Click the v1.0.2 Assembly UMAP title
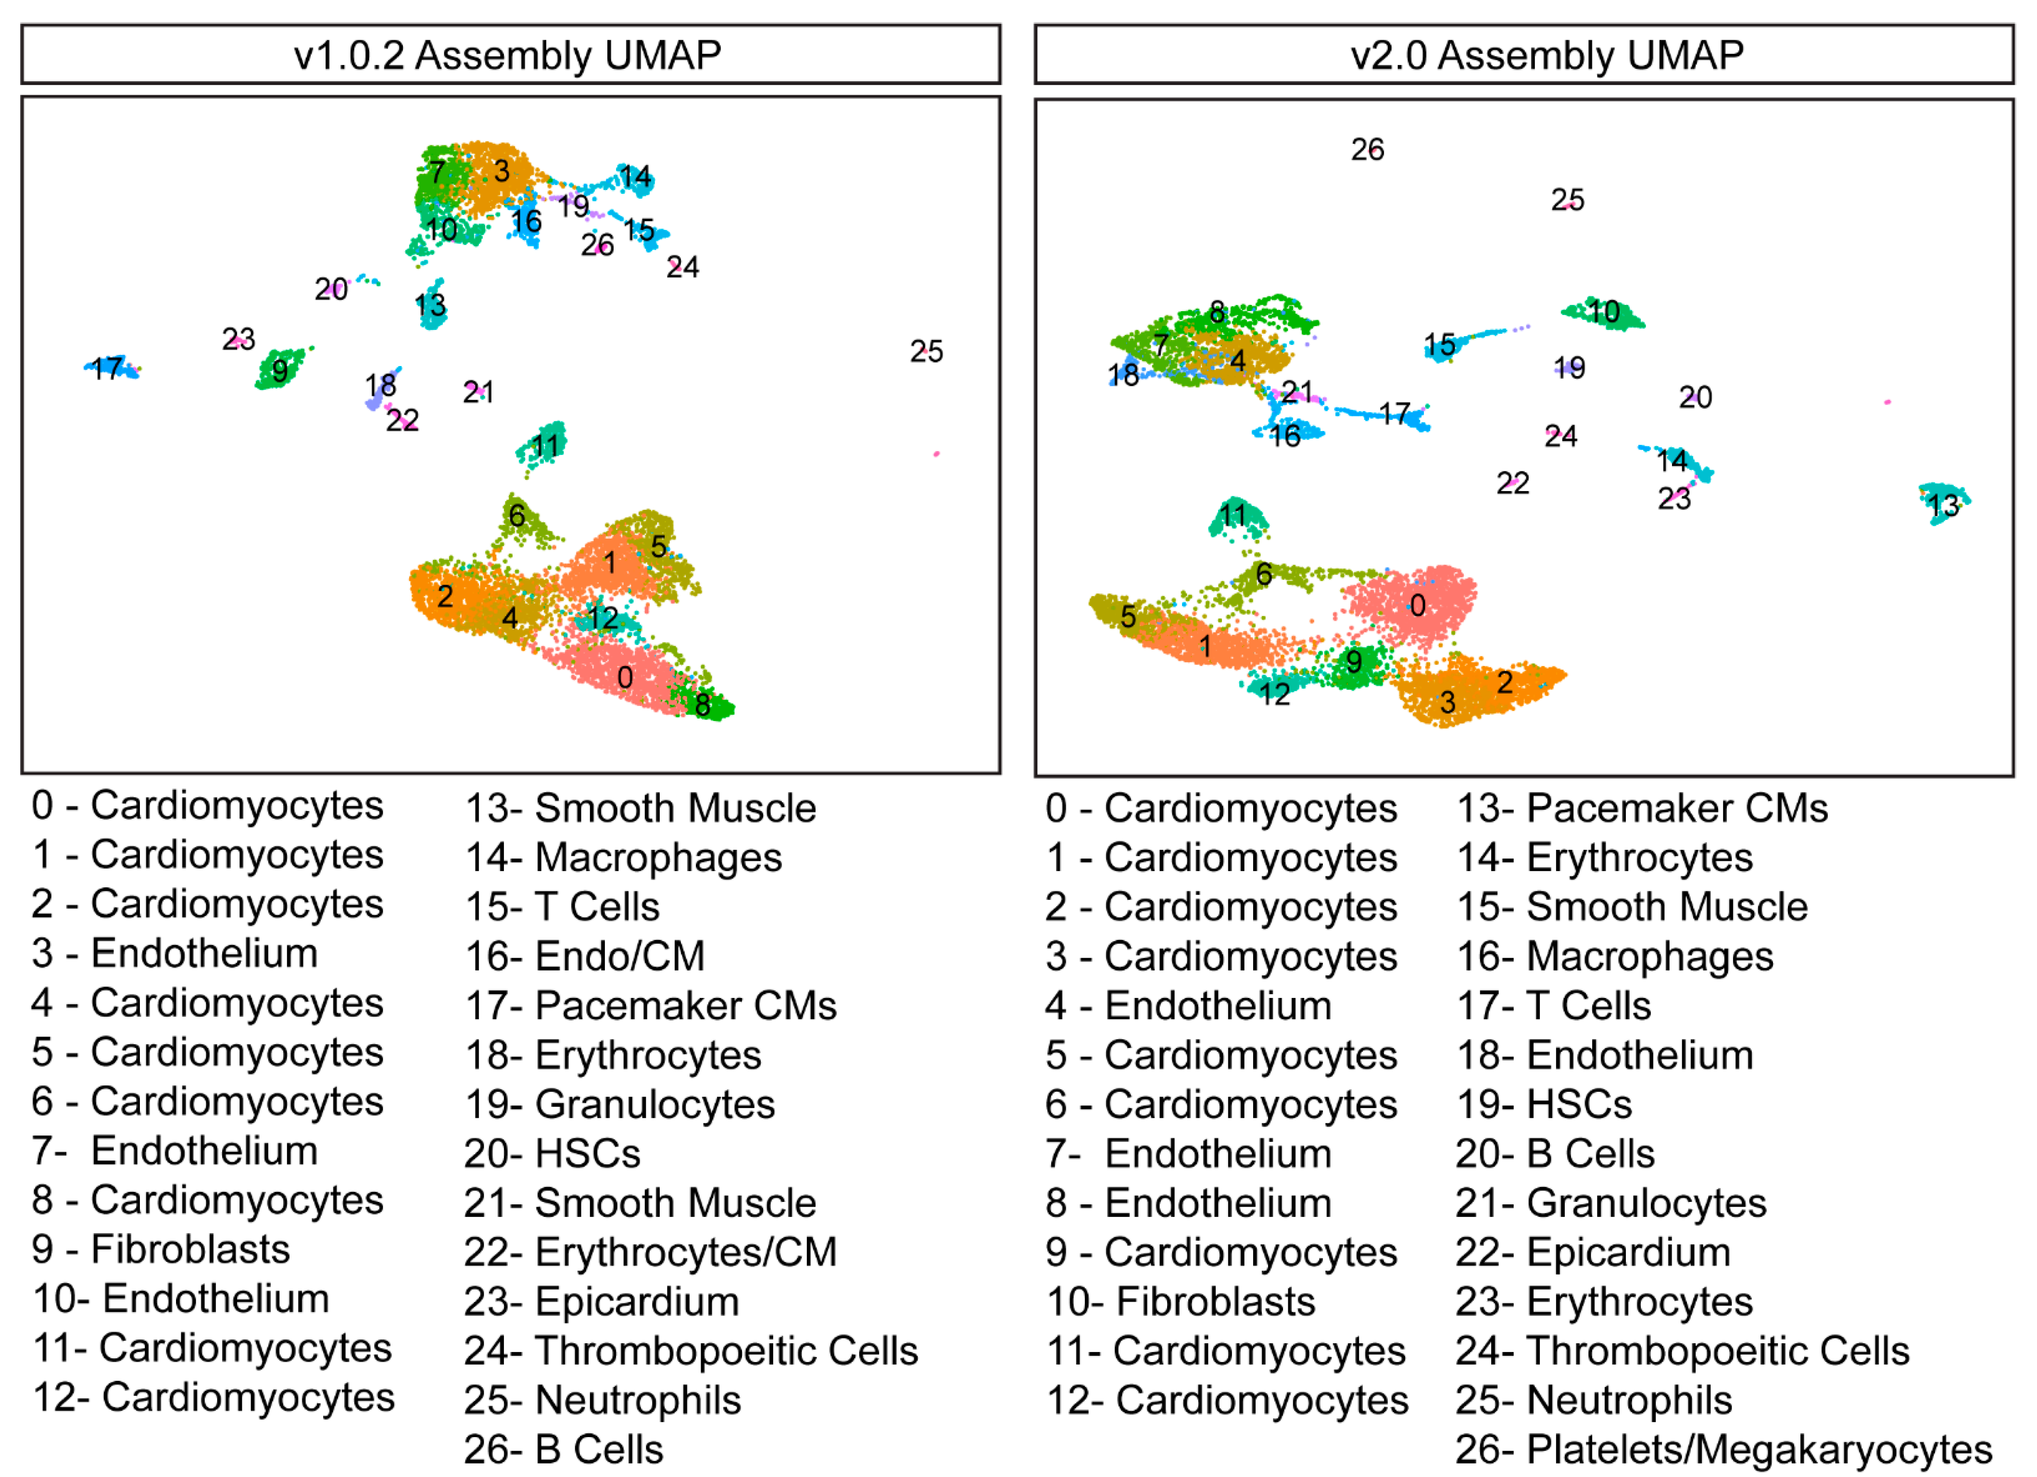click(x=507, y=56)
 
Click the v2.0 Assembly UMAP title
click(x=1547, y=56)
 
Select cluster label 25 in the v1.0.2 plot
click(x=926, y=351)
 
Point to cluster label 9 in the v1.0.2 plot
click(x=280, y=370)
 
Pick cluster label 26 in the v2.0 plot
click(x=1367, y=149)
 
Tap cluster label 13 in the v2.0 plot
click(x=1943, y=505)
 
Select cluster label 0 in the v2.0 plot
click(x=1417, y=606)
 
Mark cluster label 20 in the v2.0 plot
click(x=1695, y=397)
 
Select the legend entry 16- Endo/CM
click(x=585, y=956)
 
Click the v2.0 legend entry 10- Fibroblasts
click(x=1180, y=1302)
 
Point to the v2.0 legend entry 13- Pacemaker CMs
click(x=1641, y=808)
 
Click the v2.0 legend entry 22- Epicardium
click(x=1592, y=1252)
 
